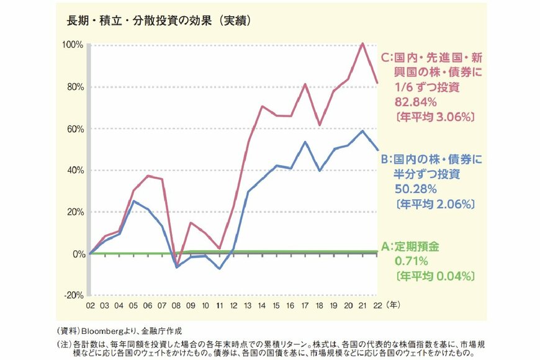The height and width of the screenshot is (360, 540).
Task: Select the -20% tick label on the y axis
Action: [x=74, y=295]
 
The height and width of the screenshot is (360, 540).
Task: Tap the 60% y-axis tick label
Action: [x=74, y=129]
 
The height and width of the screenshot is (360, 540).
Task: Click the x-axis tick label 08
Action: [x=176, y=306]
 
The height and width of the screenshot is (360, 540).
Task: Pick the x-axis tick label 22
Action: [x=377, y=306]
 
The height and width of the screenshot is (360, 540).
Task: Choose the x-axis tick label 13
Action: [x=248, y=306]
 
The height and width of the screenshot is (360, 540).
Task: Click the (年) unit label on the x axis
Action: [x=394, y=306]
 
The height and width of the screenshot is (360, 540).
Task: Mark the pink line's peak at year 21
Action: [x=362, y=43]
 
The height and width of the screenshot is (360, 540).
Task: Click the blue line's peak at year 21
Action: [x=362, y=131]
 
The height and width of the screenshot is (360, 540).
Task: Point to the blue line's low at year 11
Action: [x=219, y=268]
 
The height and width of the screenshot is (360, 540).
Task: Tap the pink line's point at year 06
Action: [x=148, y=176]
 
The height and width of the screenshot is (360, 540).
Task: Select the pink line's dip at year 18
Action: [x=320, y=125]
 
